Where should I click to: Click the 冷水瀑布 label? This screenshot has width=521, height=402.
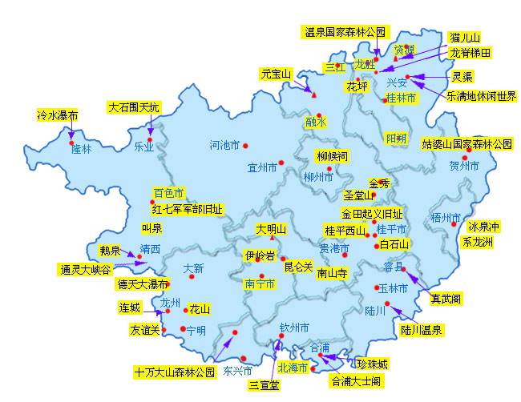[x=58, y=115]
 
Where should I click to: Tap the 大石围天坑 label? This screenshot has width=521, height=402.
[x=134, y=107]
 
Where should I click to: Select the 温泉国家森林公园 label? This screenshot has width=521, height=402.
[x=345, y=33]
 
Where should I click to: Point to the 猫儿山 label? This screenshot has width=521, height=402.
[x=465, y=38]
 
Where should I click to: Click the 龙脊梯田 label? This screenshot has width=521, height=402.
[x=470, y=52]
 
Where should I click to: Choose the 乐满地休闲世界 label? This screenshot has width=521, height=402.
[x=482, y=96]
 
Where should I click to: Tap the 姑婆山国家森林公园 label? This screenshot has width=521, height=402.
[x=467, y=145]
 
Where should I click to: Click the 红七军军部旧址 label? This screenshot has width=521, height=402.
[x=188, y=209]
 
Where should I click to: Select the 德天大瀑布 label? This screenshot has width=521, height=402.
[x=142, y=283]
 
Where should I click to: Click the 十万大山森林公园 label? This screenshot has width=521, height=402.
[x=176, y=372]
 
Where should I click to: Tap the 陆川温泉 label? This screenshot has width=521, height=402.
[x=422, y=329]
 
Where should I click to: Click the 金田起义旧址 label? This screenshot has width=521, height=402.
[x=372, y=214]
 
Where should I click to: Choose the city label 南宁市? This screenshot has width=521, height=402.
[x=261, y=283]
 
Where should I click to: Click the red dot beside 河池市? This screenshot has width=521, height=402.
[x=246, y=146]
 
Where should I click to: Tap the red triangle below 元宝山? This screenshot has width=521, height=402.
[x=314, y=95]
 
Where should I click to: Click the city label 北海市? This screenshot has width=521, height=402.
[x=293, y=368]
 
